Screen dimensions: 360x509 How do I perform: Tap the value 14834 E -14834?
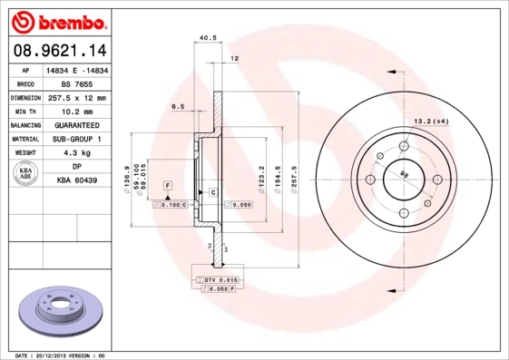[x=77, y=69]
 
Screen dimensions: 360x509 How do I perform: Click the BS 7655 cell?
[x=77, y=83]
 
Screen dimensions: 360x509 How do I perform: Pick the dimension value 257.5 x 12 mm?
[x=77, y=97]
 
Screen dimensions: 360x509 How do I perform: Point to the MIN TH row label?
[x=24, y=111]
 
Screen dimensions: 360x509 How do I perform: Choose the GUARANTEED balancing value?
[x=77, y=124]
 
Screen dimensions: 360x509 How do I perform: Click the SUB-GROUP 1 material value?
[x=77, y=139]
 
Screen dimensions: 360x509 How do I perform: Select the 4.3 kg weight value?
[x=77, y=153]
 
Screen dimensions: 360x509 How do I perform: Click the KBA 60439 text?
[x=77, y=181]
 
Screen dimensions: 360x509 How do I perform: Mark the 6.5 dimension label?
[x=179, y=106]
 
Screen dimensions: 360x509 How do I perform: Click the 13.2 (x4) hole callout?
[x=432, y=121]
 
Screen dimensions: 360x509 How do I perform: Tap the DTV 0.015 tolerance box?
[x=220, y=279]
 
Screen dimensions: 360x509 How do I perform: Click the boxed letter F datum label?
[x=168, y=185]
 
